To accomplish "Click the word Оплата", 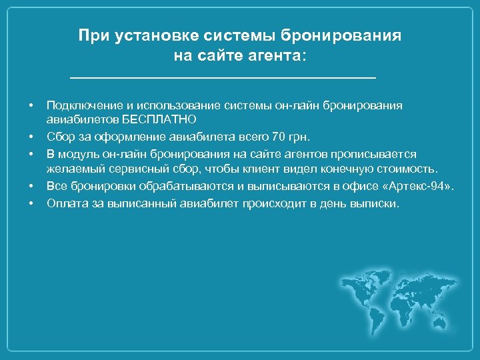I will click(x=65, y=203).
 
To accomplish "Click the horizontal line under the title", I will click(x=223, y=79).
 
